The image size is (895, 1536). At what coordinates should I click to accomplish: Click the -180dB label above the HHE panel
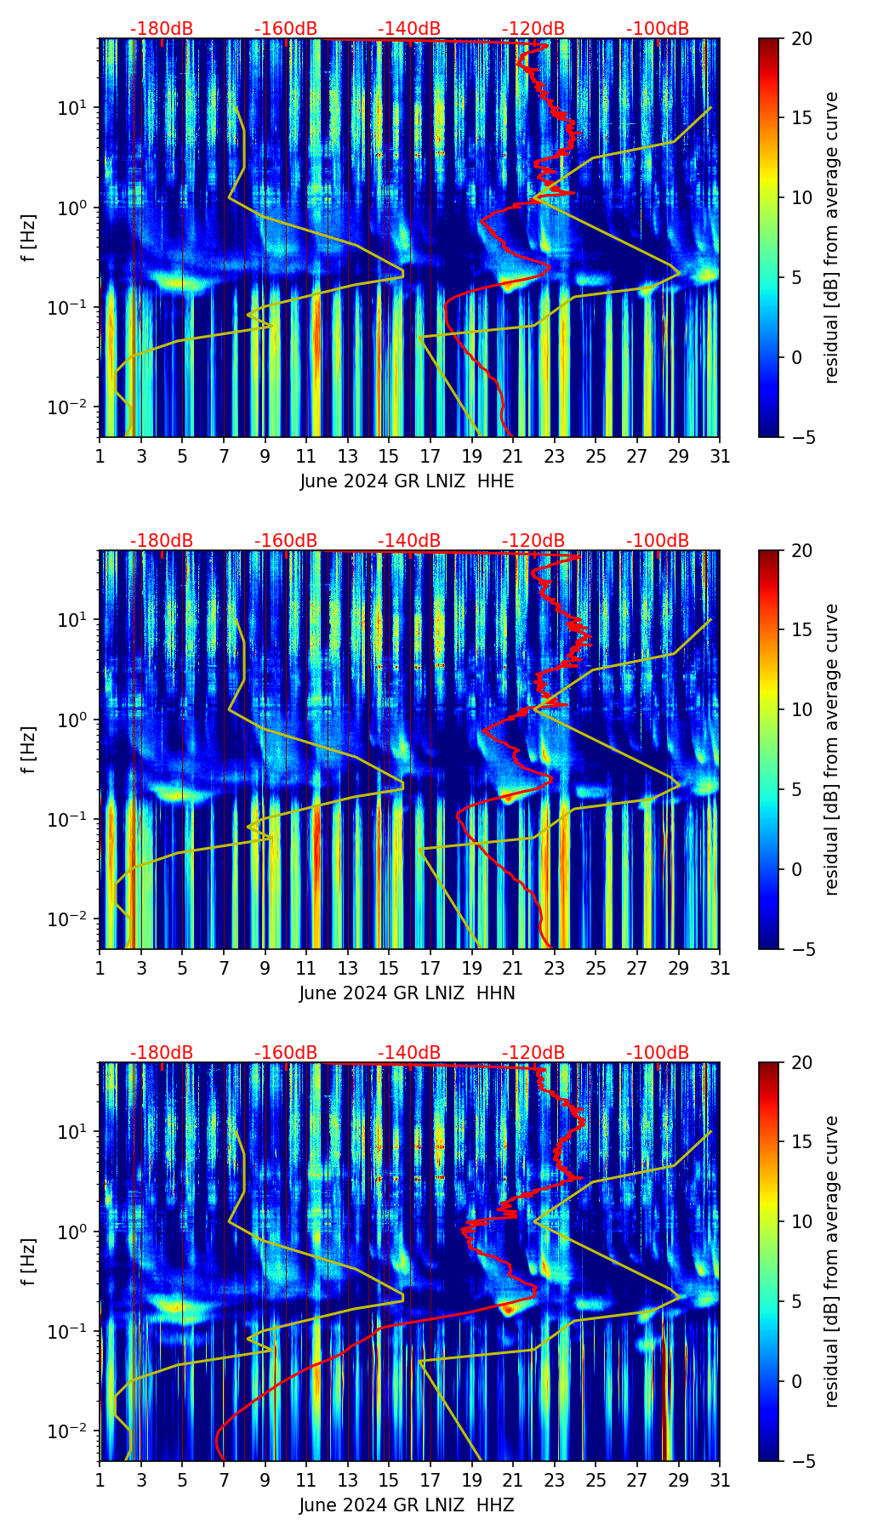point(162,29)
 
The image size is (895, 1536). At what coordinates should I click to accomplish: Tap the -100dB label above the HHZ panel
point(658,1053)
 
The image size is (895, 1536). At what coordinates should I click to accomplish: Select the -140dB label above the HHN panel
point(409,541)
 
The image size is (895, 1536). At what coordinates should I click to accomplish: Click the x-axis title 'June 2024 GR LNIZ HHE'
point(407,481)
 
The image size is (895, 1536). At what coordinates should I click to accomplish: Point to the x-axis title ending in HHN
point(407,993)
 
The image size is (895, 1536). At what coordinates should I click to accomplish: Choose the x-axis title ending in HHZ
point(407,1505)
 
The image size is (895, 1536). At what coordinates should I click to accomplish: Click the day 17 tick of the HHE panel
point(430,456)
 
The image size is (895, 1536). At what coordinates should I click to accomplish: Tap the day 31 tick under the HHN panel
point(720,968)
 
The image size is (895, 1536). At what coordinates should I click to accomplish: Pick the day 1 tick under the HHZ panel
point(100,1480)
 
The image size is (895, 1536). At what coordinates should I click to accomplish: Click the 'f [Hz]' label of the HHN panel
point(29,749)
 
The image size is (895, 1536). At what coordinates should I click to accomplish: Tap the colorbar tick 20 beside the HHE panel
point(801,38)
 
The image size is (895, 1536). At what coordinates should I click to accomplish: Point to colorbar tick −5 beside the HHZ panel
point(801,1461)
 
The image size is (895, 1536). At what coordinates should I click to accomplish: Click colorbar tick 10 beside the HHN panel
point(801,709)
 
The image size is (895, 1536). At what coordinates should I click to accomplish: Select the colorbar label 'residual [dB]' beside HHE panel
point(832,237)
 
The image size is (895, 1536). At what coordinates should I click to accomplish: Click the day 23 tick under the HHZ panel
point(555,1480)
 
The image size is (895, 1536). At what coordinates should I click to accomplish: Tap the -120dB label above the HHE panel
point(533,29)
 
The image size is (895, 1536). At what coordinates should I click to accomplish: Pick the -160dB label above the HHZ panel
point(286,1053)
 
